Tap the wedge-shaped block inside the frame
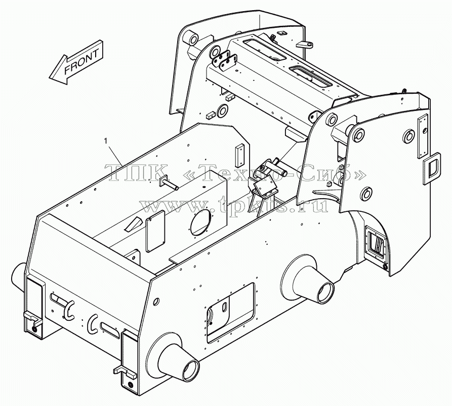[133, 224]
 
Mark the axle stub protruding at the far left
[18, 277]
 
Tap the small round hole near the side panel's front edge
[156, 302]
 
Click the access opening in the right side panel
[231, 313]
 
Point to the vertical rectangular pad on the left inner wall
[240, 156]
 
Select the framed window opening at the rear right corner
[376, 243]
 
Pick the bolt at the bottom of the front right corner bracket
[131, 385]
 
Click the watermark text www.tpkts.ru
[234, 205]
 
